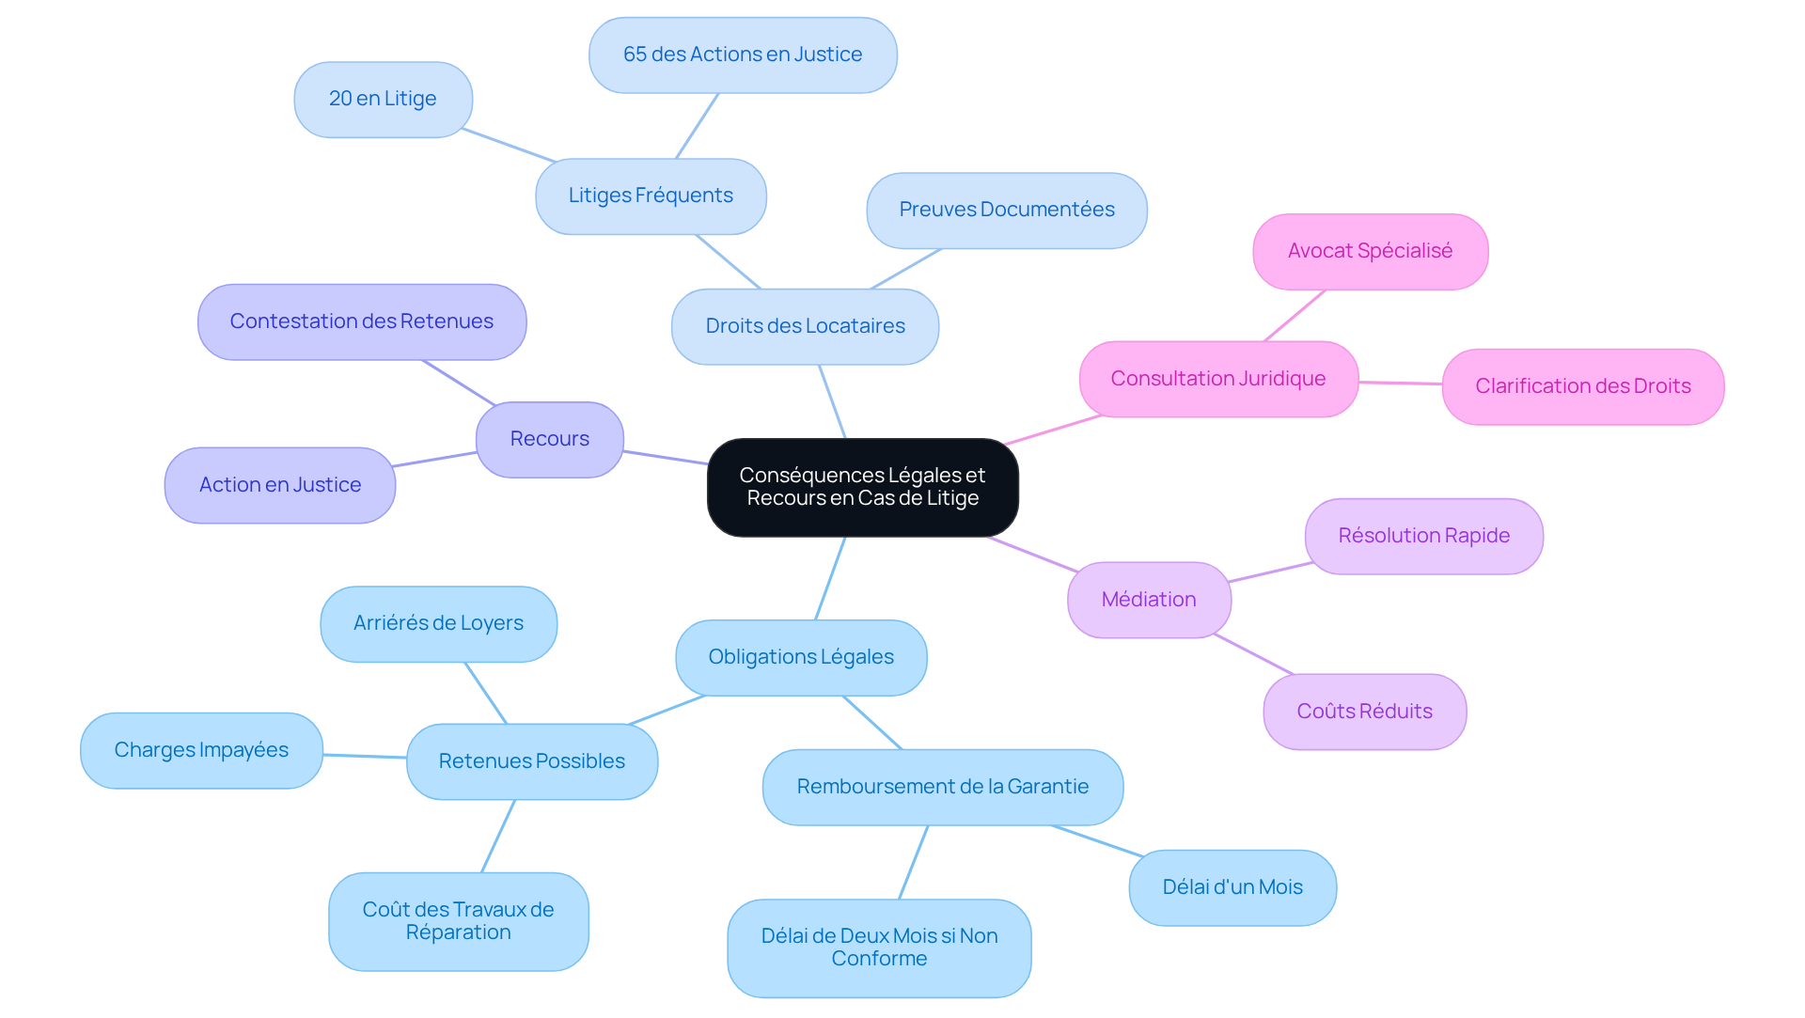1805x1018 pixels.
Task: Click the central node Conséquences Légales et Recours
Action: point(862,487)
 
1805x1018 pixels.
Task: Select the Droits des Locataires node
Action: point(805,326)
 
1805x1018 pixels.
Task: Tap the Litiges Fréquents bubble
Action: point(651,196)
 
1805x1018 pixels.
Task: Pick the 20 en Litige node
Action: point(383,99)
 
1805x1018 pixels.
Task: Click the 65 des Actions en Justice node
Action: point(743,55)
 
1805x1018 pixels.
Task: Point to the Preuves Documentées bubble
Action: point(1006,210)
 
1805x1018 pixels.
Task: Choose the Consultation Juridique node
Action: point(1217,379)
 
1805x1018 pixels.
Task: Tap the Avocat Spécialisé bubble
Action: point(1370,251)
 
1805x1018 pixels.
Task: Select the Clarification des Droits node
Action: point(1582,386)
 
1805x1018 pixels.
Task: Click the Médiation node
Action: point(1148,600)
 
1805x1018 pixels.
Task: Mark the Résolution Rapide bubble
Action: point(1423,536)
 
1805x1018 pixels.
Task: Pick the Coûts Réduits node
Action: point(1364,712)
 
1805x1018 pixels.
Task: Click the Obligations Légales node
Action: point(801,657)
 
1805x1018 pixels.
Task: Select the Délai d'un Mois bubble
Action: point(1232,887)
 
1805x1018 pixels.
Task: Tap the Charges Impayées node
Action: point(201,750)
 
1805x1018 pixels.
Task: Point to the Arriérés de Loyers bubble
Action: point(438,623)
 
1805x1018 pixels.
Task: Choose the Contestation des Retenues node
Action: point(362,321)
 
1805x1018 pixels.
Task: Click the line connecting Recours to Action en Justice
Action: point(435,460)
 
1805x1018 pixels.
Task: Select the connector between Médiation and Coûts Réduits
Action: point(1253,654)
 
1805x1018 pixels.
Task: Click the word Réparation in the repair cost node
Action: point(459,932)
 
